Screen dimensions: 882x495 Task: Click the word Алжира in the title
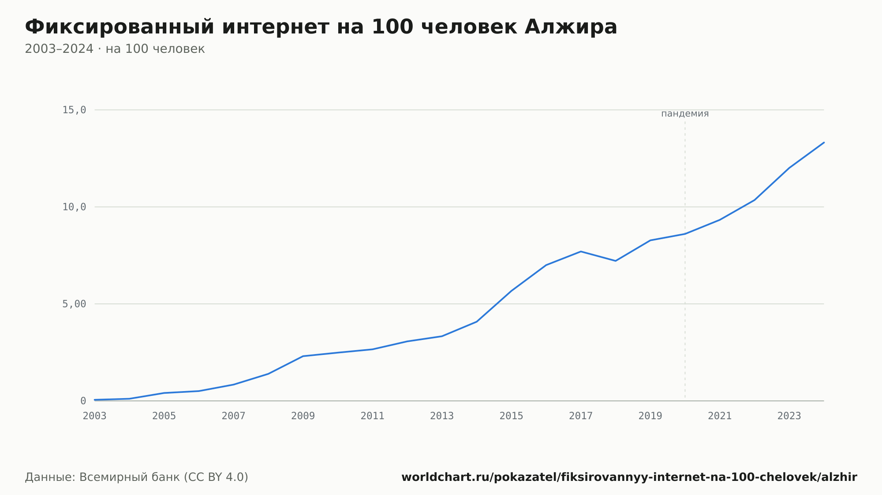tap(571, 27)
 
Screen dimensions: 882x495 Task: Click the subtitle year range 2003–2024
tap(59, 49)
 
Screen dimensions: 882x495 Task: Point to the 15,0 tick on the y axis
tap(74, 110)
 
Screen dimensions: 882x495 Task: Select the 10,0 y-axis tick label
tap(74, 207)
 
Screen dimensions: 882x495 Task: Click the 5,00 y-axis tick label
tap(74, 304)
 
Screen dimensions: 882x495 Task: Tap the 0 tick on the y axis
tap(83, 401)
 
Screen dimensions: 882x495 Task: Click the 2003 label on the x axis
tap(95, 416)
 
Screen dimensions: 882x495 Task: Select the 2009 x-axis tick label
tap(303, 416)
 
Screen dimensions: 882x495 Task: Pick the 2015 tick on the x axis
tap(512, 416)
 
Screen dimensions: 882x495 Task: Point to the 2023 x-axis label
tap(789, 416)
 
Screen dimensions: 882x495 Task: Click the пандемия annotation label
tap(685, 114)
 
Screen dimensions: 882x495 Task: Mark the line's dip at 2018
tap(616, 261)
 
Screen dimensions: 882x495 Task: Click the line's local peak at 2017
tap(581, 251)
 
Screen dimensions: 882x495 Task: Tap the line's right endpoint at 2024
tap(824, 142)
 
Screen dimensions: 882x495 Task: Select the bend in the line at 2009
tap(303, 356)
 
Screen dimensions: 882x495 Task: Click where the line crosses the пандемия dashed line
tap(685, 234)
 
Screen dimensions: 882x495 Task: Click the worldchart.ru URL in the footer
tap(629, 477)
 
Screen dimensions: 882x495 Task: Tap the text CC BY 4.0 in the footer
tap(216, 477)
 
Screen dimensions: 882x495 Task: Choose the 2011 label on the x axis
tap(373, 416)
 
